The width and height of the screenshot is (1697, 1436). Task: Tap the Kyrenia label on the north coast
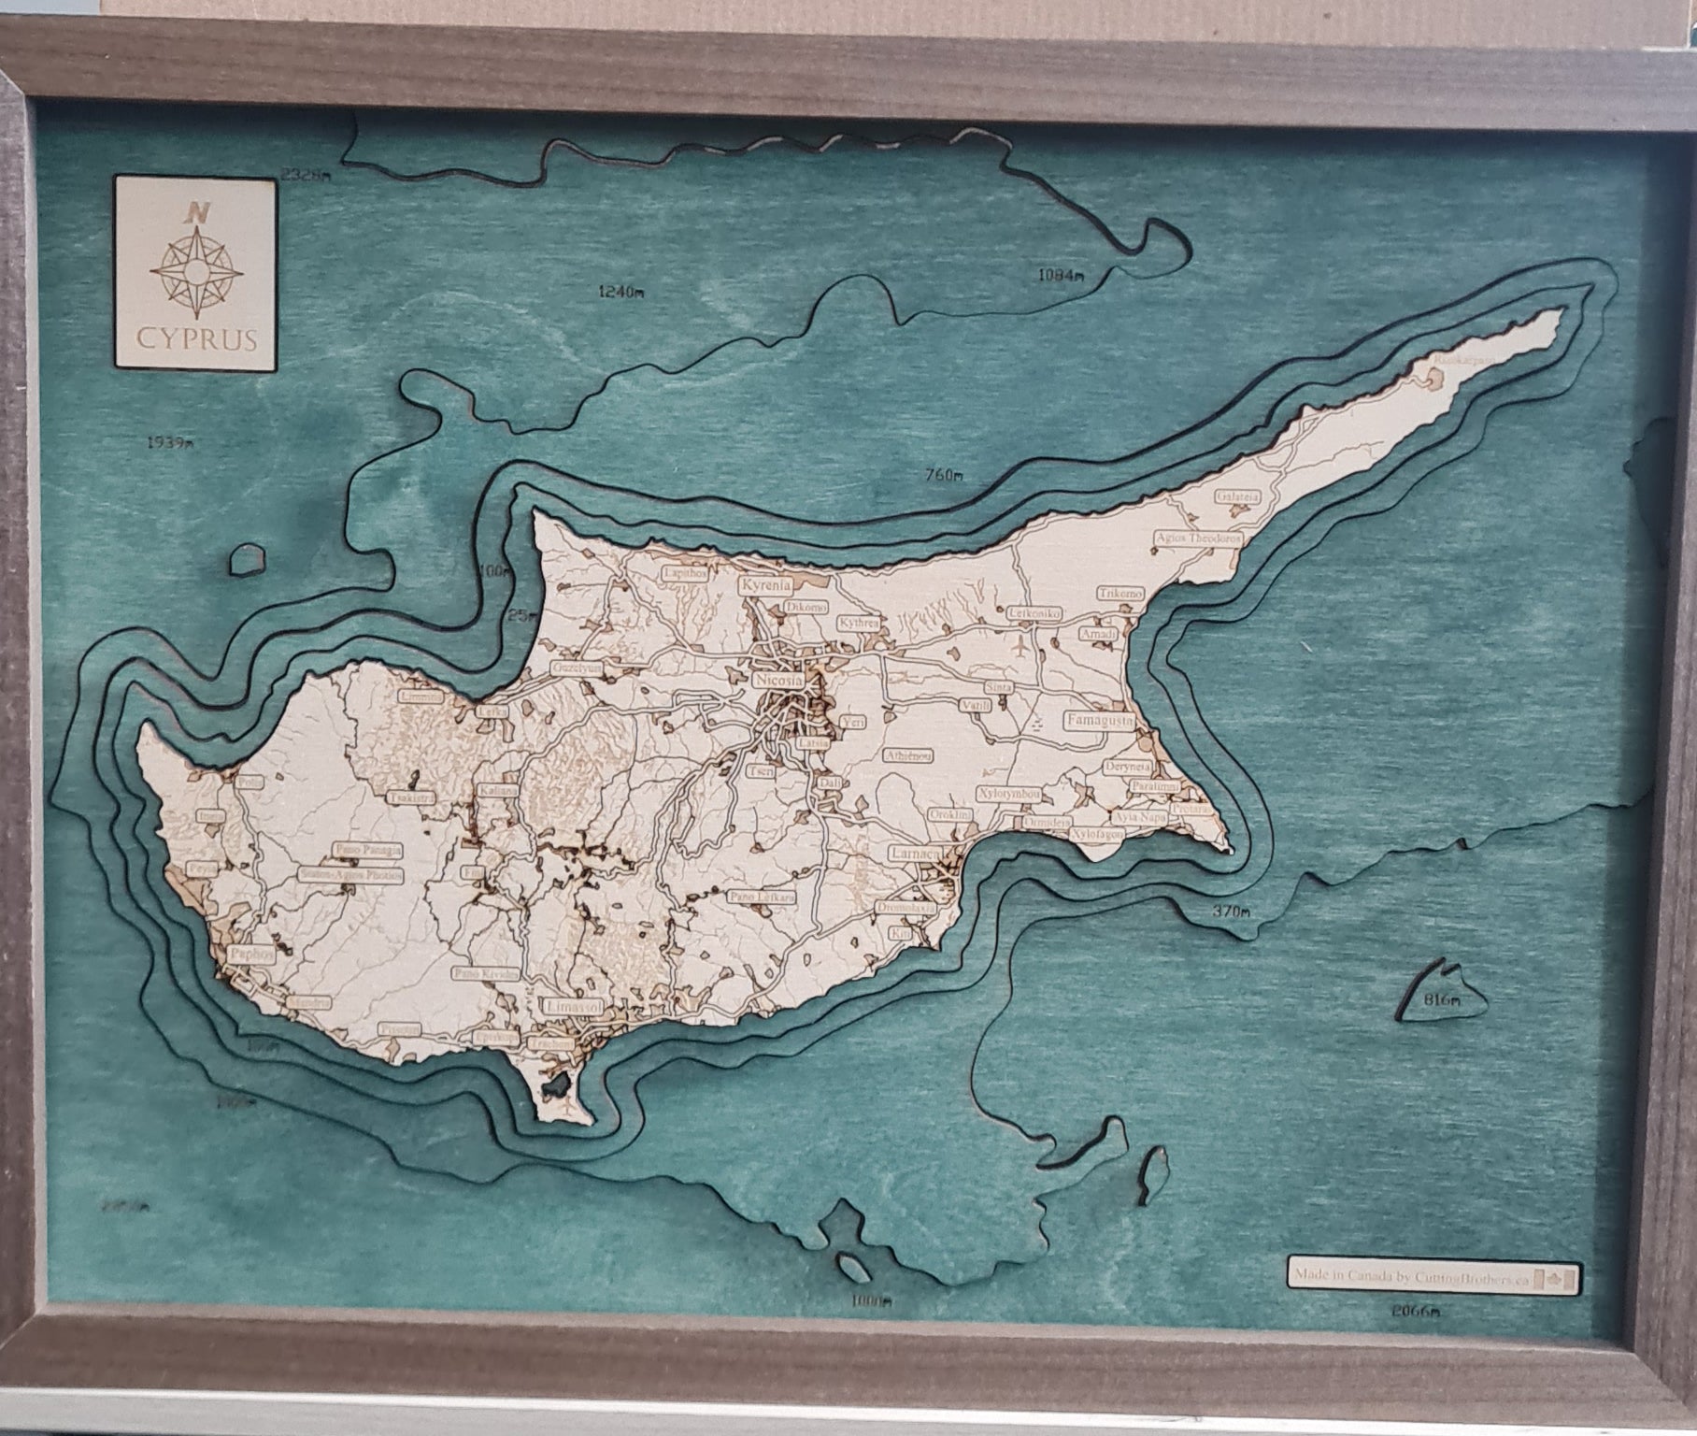pos(765,585)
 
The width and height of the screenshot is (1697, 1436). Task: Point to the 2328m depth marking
pos(306,174)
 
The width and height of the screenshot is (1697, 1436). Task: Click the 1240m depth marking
pos(620,292)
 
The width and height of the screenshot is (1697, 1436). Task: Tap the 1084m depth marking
pos(1060,275)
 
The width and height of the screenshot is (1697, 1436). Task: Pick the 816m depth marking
pos(1440,1000)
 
